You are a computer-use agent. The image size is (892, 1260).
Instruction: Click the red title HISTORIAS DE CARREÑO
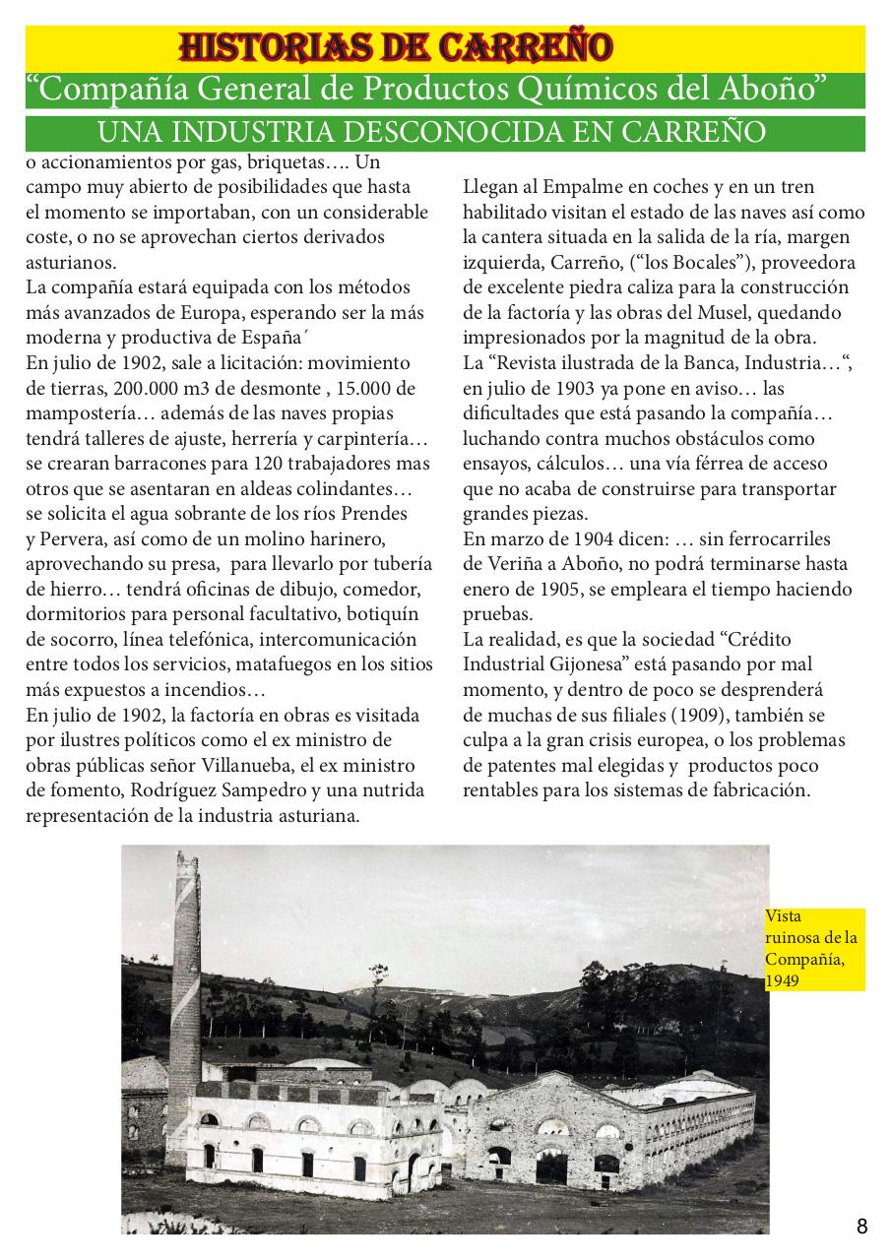pyautogui.click(x=396, y=45)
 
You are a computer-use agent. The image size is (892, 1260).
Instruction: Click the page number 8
pyautogui.click(x=861, y=1227)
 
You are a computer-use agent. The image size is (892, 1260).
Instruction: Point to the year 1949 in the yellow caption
pyautogui.click(x=784, y=981)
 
